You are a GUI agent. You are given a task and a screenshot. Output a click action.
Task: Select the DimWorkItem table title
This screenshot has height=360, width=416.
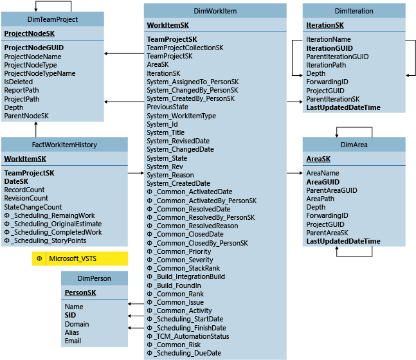215,11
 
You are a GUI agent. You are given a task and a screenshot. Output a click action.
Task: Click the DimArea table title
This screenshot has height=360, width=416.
354,146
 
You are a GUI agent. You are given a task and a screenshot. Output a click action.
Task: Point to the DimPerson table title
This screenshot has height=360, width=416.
95,278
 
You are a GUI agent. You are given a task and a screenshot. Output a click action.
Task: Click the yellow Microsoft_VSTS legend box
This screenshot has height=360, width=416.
80,258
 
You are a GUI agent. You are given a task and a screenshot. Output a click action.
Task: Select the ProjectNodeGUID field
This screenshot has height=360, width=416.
33,48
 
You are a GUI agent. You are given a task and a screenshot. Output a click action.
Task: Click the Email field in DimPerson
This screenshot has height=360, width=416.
73,341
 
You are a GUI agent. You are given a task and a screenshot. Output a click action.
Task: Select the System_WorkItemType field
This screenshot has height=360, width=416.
181,116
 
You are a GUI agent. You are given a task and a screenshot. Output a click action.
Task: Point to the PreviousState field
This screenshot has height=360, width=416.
167,107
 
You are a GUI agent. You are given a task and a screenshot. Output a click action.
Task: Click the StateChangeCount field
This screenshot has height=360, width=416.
33,207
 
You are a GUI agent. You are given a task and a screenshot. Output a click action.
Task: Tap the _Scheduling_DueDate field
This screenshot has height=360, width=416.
187,353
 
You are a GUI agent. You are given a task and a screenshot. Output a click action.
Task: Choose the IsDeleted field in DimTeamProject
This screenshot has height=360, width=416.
18,82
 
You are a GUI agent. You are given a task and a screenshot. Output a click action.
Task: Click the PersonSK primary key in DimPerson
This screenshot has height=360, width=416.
80,292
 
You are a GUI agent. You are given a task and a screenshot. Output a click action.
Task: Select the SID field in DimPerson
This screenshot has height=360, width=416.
71,316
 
